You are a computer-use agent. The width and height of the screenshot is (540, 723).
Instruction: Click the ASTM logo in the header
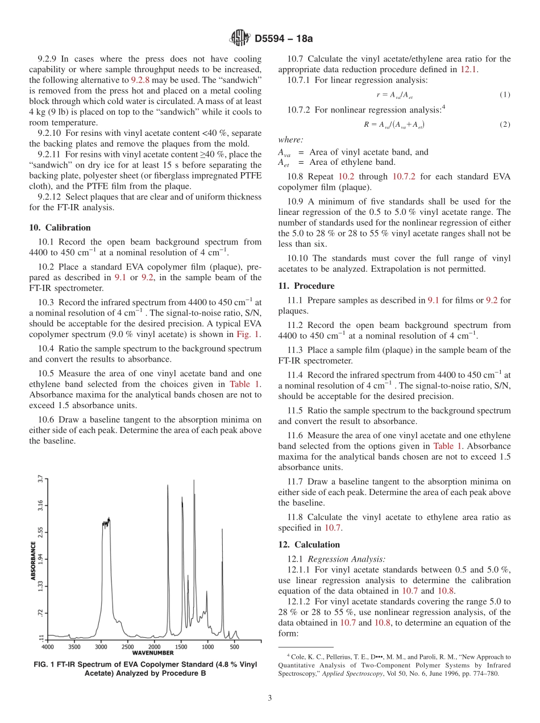coord(239,39)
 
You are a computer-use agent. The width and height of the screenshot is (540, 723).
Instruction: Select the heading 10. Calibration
coord(60,227)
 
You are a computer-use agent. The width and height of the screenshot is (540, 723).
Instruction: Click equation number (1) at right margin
coord(505,94)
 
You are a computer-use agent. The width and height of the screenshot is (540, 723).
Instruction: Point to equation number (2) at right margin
coord(505,124)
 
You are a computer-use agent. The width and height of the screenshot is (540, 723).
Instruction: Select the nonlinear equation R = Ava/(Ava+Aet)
coord(394,124)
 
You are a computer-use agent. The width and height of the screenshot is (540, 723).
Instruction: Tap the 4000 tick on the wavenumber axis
coord(48,647)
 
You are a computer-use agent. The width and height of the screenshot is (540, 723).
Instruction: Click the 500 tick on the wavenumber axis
coord(234,647)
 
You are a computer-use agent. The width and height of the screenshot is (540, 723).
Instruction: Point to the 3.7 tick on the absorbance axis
coord(40,479)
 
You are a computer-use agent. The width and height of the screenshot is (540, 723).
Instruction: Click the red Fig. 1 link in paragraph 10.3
coord(251,334)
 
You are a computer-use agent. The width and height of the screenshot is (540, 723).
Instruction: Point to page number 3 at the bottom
coord(269,698)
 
